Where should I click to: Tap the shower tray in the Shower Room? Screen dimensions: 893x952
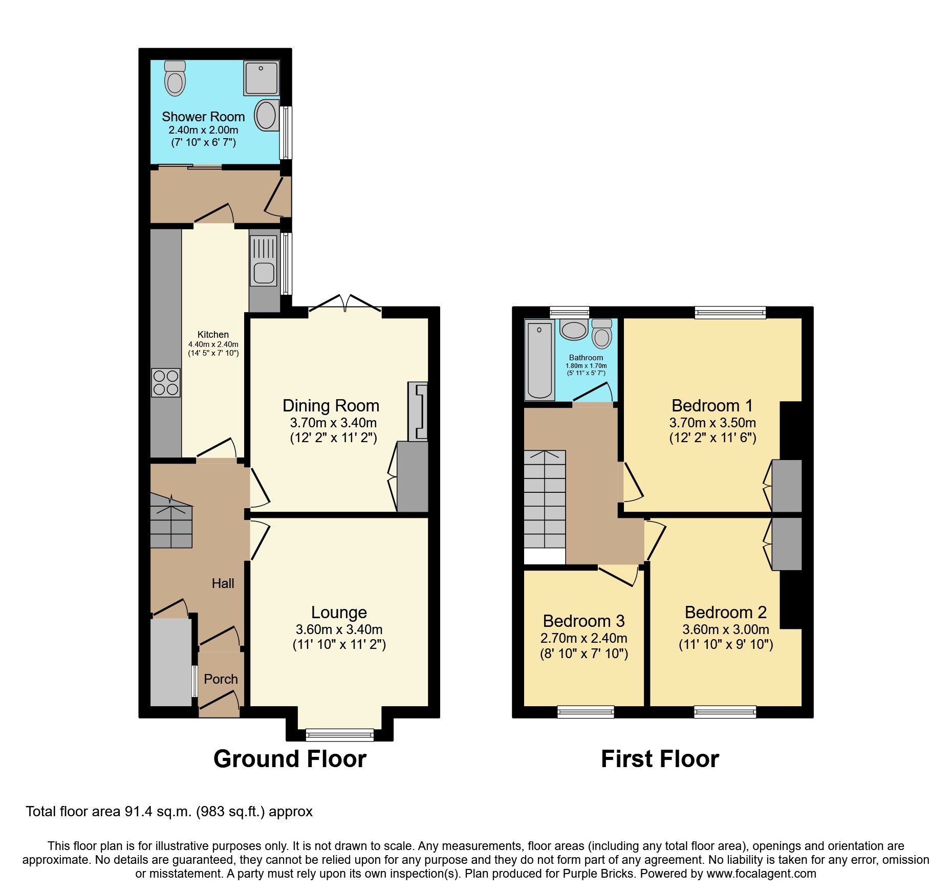[262, 78]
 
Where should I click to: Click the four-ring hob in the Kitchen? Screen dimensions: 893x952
[166, 382]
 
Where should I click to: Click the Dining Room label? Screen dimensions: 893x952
[331, 406]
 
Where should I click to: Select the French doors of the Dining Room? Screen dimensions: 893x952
[345, 306]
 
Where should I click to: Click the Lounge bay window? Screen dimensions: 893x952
[340, 735]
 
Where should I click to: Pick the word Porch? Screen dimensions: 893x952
[221, 679]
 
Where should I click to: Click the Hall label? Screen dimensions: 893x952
[223, 583]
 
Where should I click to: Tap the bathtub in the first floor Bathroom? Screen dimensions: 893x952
[539, 360]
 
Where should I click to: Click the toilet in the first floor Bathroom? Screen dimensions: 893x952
[601, 334]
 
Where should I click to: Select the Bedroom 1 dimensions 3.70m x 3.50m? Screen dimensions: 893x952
[712, 423]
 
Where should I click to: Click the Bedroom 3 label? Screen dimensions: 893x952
[583, 621]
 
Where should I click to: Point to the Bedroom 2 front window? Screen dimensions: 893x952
[725, 711]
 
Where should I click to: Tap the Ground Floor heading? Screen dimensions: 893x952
[290, 759]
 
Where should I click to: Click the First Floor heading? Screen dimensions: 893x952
[660, 759]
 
